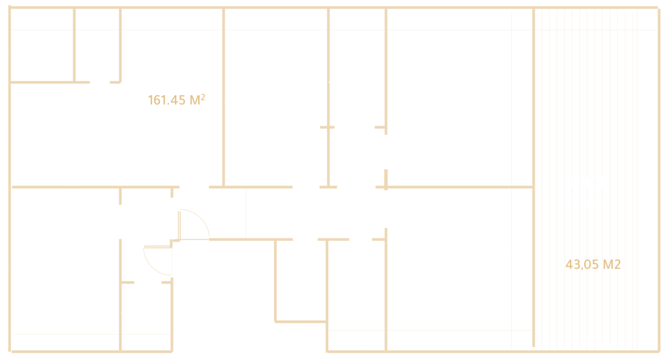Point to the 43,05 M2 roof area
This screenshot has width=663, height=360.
[x=592, y=264]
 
